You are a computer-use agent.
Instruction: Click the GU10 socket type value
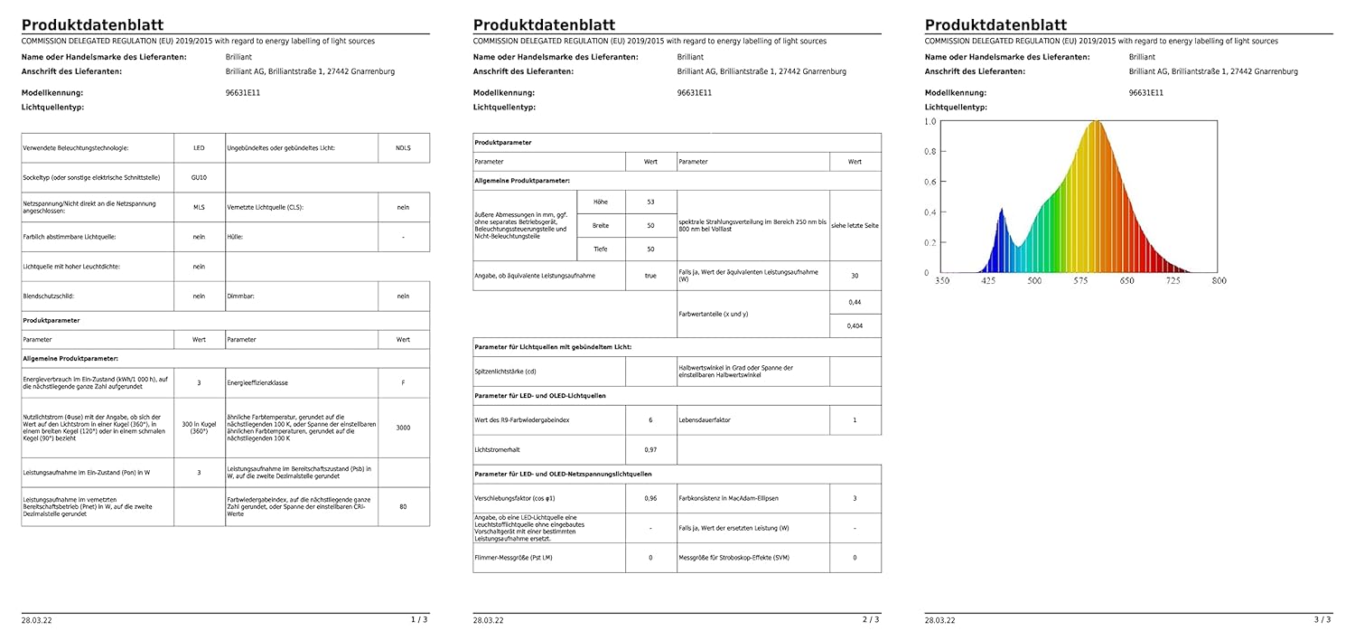199,178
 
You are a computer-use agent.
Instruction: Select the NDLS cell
403,147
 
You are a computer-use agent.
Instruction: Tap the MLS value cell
199,207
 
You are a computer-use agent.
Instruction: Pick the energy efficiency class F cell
403,382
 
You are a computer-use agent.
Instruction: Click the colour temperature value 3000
403,428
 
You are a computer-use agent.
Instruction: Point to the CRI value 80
403,506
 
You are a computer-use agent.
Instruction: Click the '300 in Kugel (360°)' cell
199,428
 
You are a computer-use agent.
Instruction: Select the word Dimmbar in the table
240,296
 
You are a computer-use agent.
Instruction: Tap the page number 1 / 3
419,619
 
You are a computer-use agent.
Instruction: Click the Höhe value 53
650,202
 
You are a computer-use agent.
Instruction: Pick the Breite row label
601,225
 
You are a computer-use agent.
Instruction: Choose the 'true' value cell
650,275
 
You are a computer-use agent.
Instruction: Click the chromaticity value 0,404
855,325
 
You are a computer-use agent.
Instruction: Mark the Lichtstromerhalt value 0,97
650,449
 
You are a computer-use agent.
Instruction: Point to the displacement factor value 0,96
650,498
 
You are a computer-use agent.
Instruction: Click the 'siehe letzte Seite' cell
855,225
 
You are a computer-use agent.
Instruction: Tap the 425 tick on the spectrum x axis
988,281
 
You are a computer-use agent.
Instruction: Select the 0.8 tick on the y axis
930,152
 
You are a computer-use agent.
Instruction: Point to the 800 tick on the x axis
1219,281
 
